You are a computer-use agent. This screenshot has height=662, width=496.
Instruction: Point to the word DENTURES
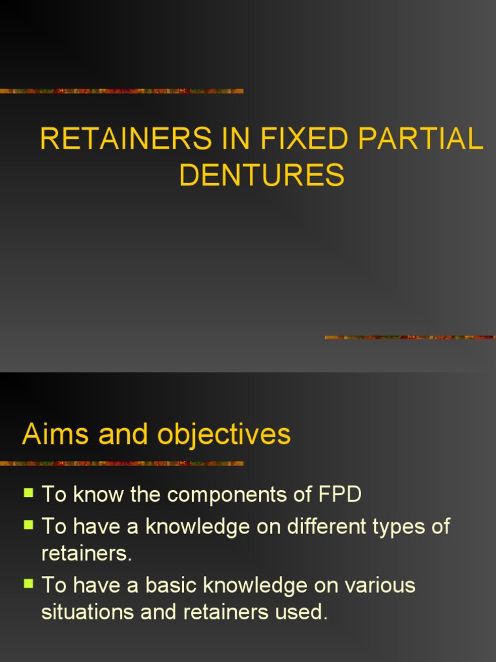(x=262, y=175)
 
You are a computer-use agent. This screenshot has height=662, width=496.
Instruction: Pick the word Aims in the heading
(x=51, y=434)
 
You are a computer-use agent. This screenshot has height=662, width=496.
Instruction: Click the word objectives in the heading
(x=224, y=434)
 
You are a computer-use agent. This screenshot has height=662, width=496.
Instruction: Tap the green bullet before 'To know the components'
(x=28, y=493)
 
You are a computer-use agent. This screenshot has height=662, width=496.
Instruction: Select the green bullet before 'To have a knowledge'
(x=28, y=524)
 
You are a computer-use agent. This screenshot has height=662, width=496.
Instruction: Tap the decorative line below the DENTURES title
(x=409, y=337)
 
